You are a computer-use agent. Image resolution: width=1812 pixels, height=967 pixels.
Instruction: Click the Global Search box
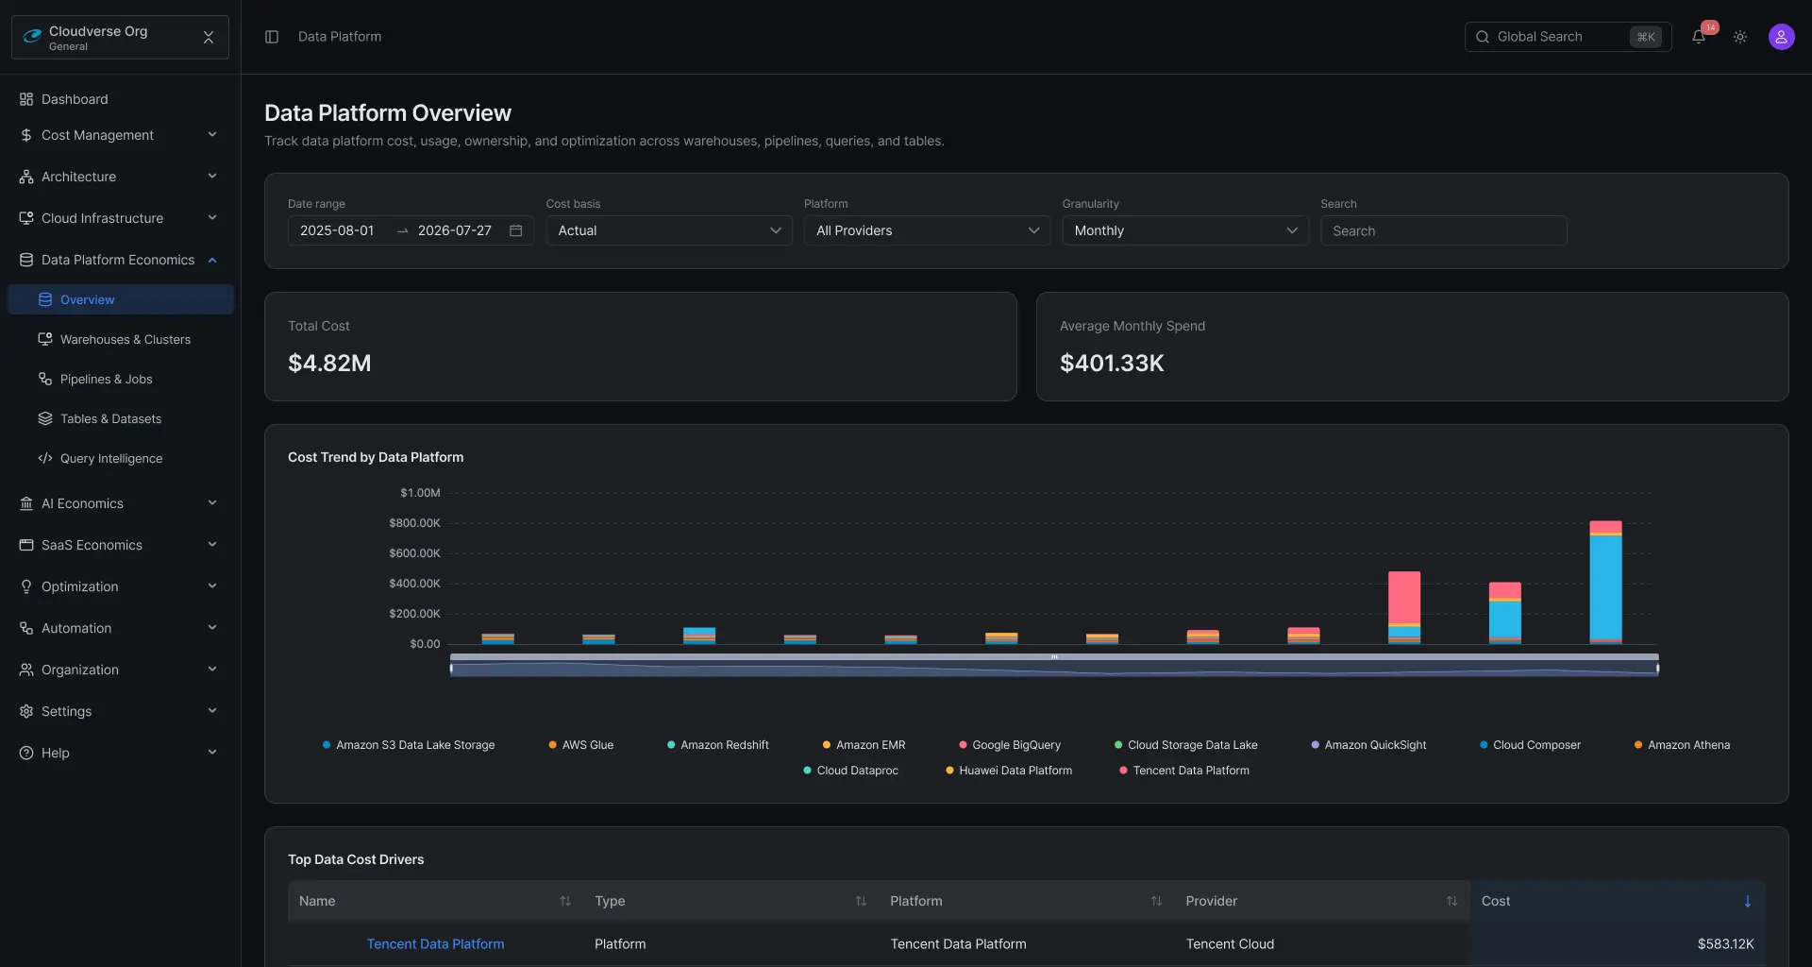pyautogui.click(x=1568, y=37)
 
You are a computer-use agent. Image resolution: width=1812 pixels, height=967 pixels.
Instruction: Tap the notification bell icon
pyautogui.click(x=1699, y=37)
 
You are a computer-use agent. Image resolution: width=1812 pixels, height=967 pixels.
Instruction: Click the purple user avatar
pyautogui.click(x=1781, y=37)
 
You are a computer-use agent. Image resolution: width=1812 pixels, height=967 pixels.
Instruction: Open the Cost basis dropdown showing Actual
pyautogui.click(x=669, y=230)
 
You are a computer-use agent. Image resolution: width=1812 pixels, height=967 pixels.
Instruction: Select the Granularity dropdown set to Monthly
pyautogui.click(x=1185, y=230)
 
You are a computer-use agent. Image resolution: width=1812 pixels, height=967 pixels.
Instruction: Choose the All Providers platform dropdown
pyautogui.click(x=927, y=230)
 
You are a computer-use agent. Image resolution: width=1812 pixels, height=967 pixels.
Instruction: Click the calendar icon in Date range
pyautogui.click(x=515, y=230)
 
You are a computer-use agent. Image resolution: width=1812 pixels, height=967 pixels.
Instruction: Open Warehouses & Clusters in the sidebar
pyautogui.click(x=126, y=339)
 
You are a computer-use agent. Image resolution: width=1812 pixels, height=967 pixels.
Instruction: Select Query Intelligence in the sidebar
pyautogui.click(x=111, y=458)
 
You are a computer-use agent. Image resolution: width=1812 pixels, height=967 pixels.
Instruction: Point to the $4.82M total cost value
pyautogui.click(x=329, y=363)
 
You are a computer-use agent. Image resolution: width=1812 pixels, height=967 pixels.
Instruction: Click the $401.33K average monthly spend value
pyautogui.click(x=1112, y=363)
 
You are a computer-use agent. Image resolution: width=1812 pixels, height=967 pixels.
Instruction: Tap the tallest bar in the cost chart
pyautogui.click(x=1605, y=583)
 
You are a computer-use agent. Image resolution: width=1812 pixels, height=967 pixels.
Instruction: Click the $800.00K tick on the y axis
pyautogui.click(x=414, y=523)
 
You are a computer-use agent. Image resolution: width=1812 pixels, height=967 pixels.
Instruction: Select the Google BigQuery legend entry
pyautogui.click(x=1010, y=745)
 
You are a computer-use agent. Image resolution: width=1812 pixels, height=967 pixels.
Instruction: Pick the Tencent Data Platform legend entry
pyautogui.click(x=1184, y=771)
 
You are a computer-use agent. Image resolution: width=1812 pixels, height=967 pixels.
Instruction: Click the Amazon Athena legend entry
pyautogui.click(x=1682, y=745)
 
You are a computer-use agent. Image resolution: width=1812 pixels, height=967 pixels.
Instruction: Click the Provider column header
pyautogui.click(x=1212, y=901)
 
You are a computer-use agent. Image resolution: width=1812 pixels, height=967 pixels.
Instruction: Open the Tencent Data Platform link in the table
pyautogui.click(x=435, y=943)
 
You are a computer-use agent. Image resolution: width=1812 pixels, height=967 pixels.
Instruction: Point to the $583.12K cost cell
pyautogui.click(x=1725, y=943)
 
